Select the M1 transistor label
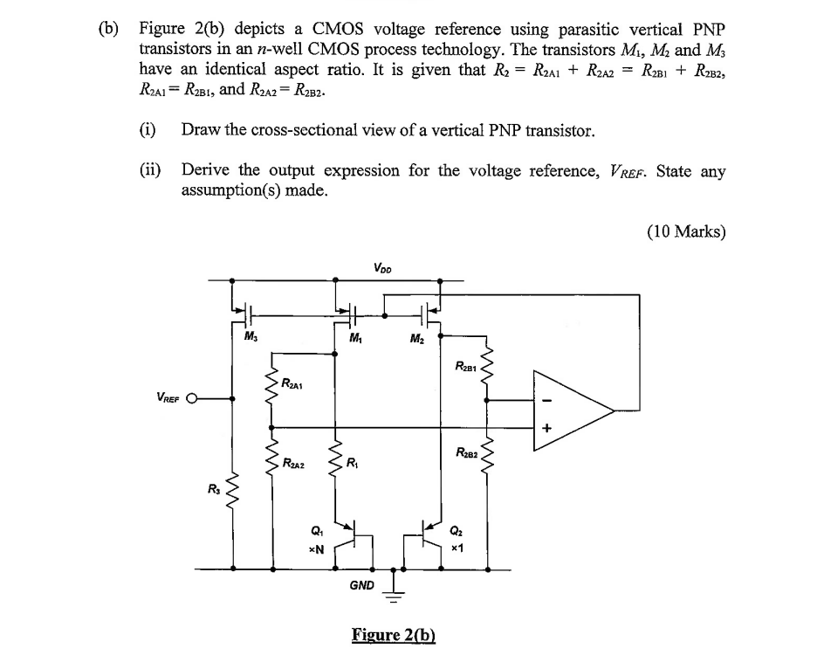click(x=355, y=337)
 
